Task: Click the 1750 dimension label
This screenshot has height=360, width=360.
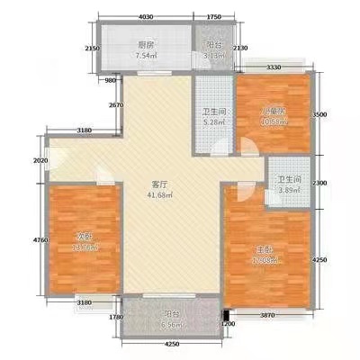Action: pos(213,17)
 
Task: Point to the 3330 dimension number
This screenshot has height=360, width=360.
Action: pos(276,65)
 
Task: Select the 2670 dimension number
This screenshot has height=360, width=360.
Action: pos(115,106)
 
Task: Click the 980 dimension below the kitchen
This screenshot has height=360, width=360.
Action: pos(111,81)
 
